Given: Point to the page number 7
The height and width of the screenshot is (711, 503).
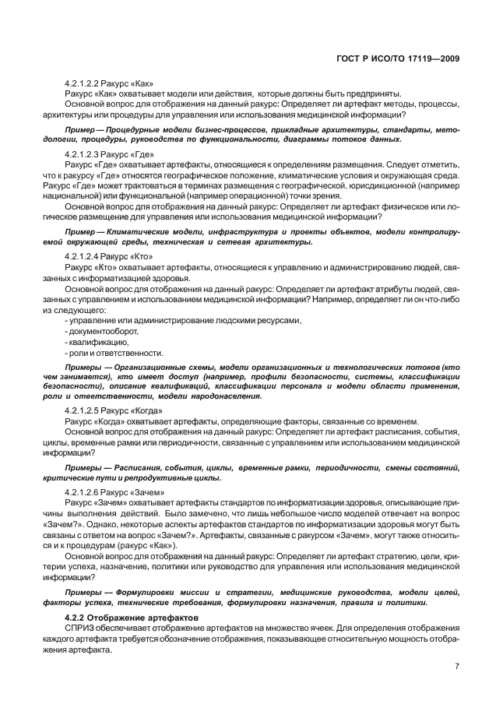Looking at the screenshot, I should [456, 667].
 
